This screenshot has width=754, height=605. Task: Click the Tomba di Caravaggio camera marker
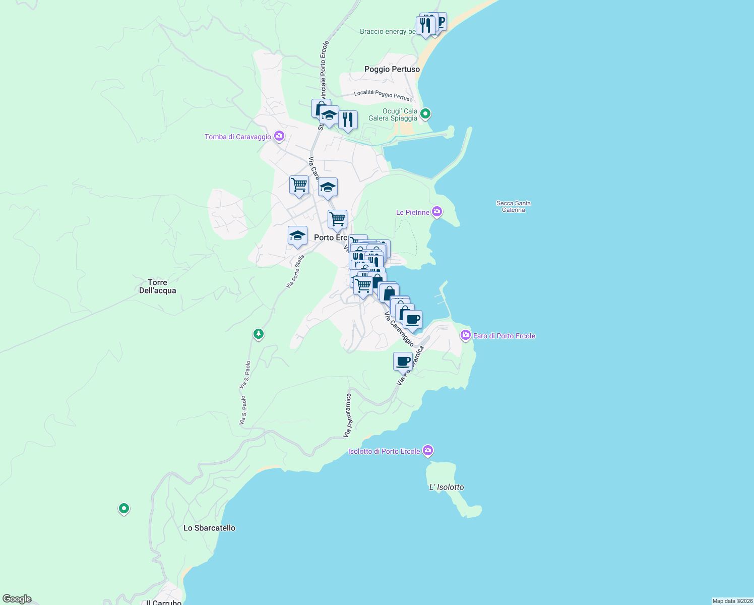click(x=279, y=136)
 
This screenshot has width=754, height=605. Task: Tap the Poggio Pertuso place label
click(x=392, y=69)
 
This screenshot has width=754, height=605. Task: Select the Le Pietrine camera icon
click(x=437, y=212)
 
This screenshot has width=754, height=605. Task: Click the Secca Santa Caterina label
click(x=513, y=207)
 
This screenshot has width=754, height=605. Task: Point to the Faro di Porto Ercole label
click(x=504, y=336)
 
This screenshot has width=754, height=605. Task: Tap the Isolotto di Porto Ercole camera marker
click(x=428, y=451)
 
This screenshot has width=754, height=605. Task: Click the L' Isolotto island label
click(x=446, y=487)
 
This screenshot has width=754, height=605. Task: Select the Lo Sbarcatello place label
click(x=209, y=528)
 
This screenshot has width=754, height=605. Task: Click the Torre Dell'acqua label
click(x=157, y=286)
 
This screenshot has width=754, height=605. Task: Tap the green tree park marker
click(x=259, y=334)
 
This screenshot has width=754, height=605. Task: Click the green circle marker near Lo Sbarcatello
click(x=124, y=508)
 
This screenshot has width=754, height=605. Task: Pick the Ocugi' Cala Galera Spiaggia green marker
click(x=425, y=114)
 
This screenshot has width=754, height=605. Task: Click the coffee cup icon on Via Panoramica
click(x=403, y=361)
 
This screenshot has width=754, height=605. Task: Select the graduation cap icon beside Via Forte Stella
click(x=297, y=236)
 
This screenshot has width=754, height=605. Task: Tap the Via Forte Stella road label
click(x=295, y=272)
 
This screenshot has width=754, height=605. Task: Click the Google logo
click(x=17, y=599)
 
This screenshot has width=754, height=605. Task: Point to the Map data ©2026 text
click(x=732, y=601)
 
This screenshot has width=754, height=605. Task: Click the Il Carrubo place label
click(x=163, y=602)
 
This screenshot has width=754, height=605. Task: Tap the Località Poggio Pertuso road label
click(x=383, y=95)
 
